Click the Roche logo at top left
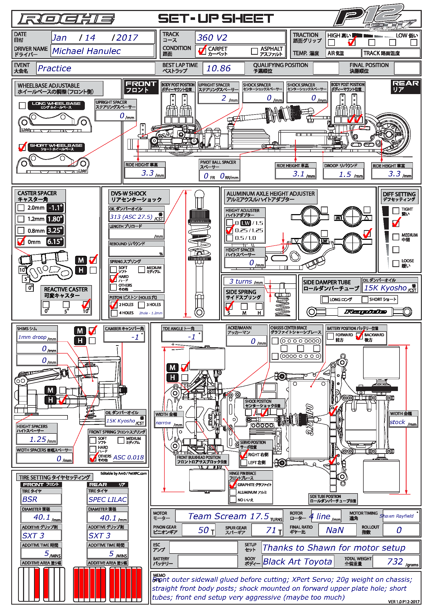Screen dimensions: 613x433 click(x=66, y=19)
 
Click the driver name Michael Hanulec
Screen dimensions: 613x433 click(x=86, y=51)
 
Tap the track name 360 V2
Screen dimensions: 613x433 click(x=212, y=38)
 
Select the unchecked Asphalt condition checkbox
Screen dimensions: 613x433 click(x=254, y=51)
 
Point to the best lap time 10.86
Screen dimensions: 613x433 click(x=219, y=68)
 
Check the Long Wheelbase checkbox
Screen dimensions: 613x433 click(x=23, y=105)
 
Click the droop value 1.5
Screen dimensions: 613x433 click(x=345, y=174)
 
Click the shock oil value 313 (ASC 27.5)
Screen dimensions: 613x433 click(x=131, y=217)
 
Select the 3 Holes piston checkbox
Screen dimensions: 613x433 click(x=142, y=305)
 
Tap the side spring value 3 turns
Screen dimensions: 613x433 click(x=241, y=281)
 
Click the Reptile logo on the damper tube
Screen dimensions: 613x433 click(x=365, y=312)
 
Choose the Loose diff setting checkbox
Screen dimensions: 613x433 click(x=396, y=263)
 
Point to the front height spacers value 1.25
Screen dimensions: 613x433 click(x=38, y=439)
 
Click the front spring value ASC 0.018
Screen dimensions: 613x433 click(x=129, y=457)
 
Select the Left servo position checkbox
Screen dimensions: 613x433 click(x=244, y=462)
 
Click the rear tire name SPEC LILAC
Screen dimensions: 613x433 click(x=108, y=499)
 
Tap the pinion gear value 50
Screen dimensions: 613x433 click(x=203, y=530)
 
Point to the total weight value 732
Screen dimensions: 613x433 click(x=395, y=561)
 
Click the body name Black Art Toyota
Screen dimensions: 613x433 click(x=297, y=561)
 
